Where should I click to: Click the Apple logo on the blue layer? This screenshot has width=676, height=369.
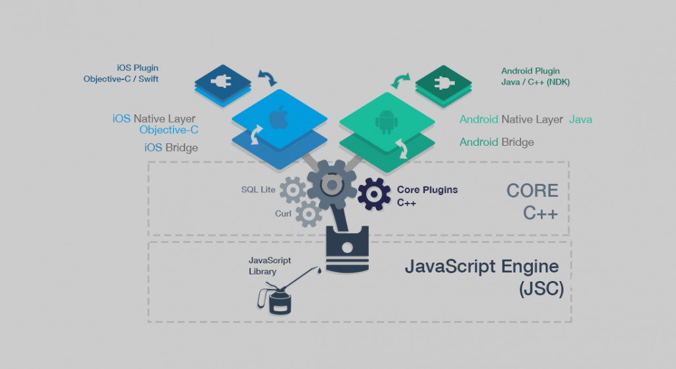tap(279, 119)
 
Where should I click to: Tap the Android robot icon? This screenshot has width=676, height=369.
tap(387, 120)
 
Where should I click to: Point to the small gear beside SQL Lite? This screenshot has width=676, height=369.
tap(292, 190)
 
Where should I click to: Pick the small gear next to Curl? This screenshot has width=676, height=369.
tap(308, 213)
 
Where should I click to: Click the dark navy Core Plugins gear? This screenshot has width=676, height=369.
tap(374, 194)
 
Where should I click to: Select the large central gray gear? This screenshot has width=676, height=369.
tap(331, 185)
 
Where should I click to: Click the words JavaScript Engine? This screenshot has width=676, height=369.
tap(482, 267)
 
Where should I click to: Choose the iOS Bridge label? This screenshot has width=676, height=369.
tap(171, 147)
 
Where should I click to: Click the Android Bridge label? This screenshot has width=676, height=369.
tap(496, 142)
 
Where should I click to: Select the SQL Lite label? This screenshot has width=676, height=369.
tap(258, 190)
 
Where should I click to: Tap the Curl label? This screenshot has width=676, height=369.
tap(283, 214)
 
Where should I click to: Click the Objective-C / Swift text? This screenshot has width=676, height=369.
tap(121, 79)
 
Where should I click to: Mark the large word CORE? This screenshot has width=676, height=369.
tap(532, 190)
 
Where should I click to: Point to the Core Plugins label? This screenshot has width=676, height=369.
tap(427, 190)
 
